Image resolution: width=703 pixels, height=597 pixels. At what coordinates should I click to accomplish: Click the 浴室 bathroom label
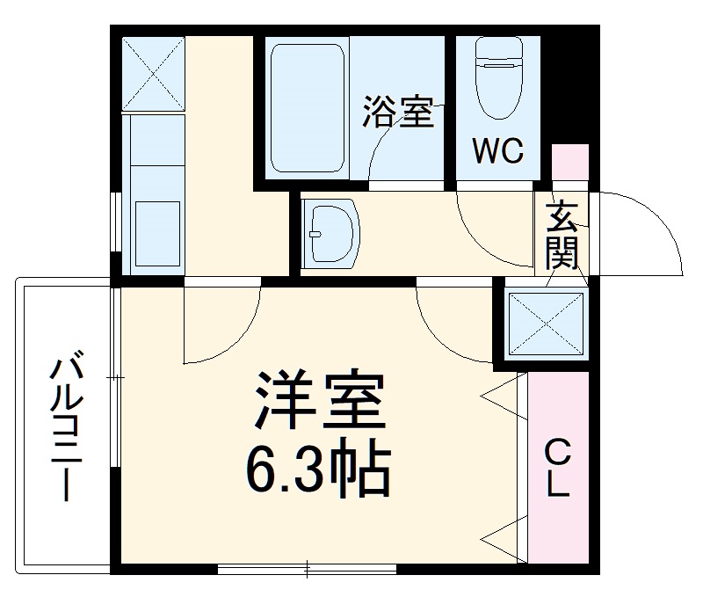399,113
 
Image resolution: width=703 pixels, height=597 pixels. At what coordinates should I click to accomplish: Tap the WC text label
498,150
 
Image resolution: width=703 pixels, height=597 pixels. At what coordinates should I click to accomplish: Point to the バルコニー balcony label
67,426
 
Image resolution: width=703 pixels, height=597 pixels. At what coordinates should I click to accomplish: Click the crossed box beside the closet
546,323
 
